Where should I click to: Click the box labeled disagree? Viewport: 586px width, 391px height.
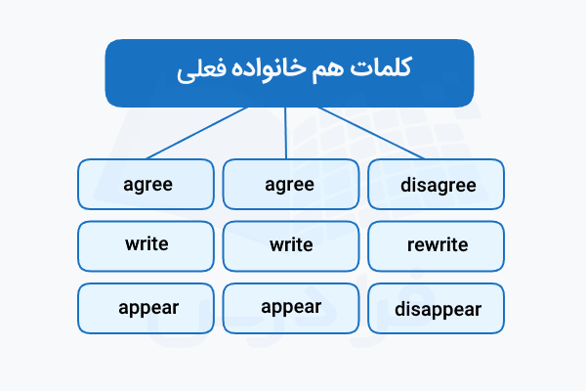pos(437,184)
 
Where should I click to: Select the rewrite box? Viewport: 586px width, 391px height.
pos(437,245)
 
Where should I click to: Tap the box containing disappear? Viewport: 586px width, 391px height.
pos(437,309)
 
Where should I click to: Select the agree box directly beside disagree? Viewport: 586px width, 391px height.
pos(289,184)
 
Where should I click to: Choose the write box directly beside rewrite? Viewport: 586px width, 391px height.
pos(289,245)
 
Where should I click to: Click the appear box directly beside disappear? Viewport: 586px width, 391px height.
pos(289,307)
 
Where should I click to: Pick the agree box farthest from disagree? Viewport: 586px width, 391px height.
pos(146,184)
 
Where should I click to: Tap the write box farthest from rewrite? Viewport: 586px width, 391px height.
pos(146,245)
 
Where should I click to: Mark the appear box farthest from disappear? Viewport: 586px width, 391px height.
pos(146,307)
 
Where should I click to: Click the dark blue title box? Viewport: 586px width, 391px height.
pos(289,71)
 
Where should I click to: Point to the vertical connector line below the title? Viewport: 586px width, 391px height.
pos(286,133)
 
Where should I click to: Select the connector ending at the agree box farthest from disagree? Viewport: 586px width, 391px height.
pos(195,133)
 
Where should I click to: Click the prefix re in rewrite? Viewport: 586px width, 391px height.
pos(414,245)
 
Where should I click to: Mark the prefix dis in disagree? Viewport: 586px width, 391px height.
pos(411,184)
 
